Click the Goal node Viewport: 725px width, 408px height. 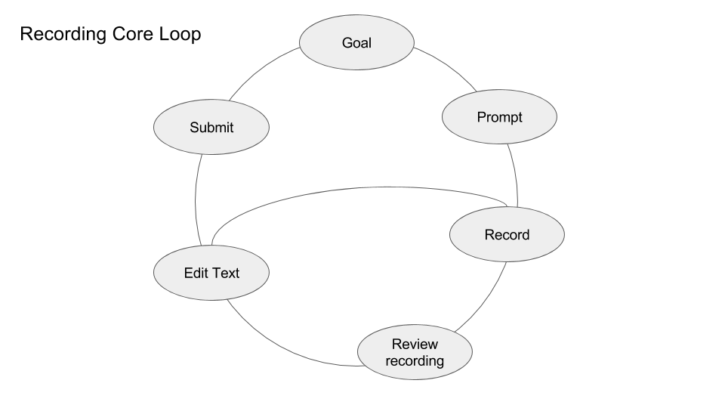356,42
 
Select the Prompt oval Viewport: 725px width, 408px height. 499,117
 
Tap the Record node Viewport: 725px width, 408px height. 507,235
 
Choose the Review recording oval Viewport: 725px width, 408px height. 415,352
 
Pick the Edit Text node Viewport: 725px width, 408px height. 211,273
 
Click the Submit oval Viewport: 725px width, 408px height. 211,128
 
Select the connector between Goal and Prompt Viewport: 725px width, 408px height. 448,70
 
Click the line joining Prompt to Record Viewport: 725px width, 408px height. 514,174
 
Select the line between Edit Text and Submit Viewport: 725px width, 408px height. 196,200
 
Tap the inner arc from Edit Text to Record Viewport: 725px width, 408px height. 355,187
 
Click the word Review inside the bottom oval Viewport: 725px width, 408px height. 415,345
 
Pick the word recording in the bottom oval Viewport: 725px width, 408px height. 415,360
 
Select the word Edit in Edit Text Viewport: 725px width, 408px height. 196,273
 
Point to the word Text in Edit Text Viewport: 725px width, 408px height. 225,273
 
